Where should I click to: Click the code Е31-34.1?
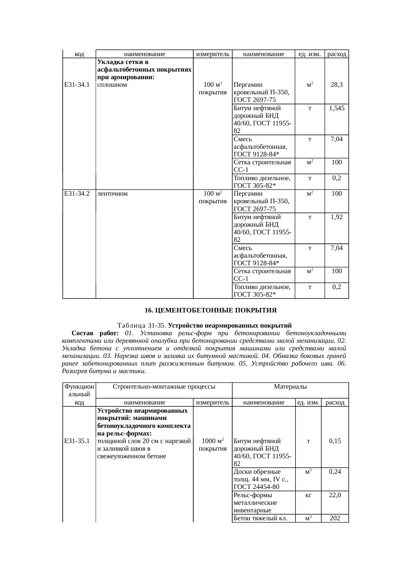77,85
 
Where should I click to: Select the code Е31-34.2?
77,194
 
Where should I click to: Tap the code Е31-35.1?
77,441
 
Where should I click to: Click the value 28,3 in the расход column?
336,85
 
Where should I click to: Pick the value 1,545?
336,108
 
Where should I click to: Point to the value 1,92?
336,217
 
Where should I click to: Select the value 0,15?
335,441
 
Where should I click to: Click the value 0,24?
335,472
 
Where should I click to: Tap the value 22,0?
335,495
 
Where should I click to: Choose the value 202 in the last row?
335,518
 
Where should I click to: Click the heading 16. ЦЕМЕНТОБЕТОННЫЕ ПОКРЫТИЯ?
210,310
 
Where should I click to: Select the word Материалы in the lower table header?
290,387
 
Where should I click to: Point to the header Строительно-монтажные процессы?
164,387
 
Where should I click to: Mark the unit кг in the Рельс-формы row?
308,495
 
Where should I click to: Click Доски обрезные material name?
257,472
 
